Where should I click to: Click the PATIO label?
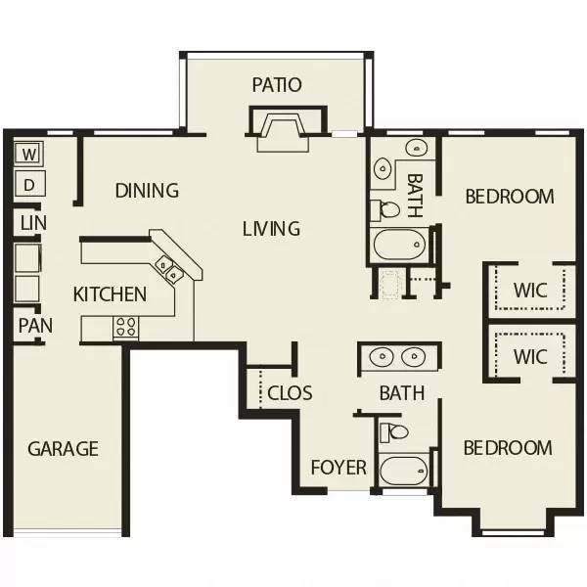pyautogui.click(x=277, y=85)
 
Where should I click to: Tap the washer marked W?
pyautogui.click(x=28, y=153)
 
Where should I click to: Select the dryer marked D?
pyautogui.click(x=28, y=183)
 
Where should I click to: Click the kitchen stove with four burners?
pyautogui.click(x=125, y=327)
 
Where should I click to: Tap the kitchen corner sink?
pyautogui.click(x=169, y=269)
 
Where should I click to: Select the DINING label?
pyautogui.click(x=147, y=190)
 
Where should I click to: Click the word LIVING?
pyautogui.click(x=271, y=229)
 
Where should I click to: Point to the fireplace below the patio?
pyautogui.click(x=282, y=130)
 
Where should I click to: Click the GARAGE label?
pyautogui.click(x=63, y=449)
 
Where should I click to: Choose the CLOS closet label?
pyautogui.click(x=290, y=393)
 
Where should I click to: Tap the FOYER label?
pyautogui.click(x=339, y=468)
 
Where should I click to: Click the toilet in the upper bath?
pyautogui.click(x=388, y=208)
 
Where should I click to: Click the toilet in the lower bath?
pyautogui.click(x=396, y=431)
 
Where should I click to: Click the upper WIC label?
pyautogui.click(x=531, y=292)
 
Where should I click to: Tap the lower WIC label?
pyautogui.click(x=531, y=356)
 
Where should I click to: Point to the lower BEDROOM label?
pyautogui.click(x=508, y=448)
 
